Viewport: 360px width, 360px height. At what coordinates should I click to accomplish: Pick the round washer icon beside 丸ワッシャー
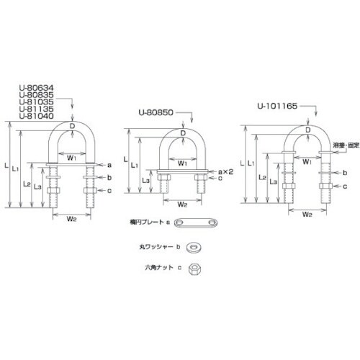[x=194, y=247]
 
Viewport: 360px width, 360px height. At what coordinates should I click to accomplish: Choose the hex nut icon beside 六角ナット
[x=193, y=269]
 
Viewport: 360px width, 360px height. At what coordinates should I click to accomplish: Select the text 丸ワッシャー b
[x=158, y=247]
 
